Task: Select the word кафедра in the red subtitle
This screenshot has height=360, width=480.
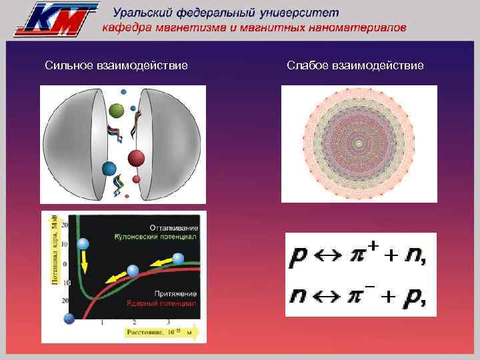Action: click(126, 28)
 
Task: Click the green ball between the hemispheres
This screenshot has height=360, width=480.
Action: click(117, 110)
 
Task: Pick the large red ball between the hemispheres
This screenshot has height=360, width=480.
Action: click(136, 158)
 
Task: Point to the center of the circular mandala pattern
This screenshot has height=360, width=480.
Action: click(359, 143)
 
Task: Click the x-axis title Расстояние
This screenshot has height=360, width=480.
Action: click(141, 331)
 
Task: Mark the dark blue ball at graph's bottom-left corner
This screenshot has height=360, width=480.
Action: click(69, 319)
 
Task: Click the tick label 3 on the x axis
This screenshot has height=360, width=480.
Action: click(167, 322)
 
